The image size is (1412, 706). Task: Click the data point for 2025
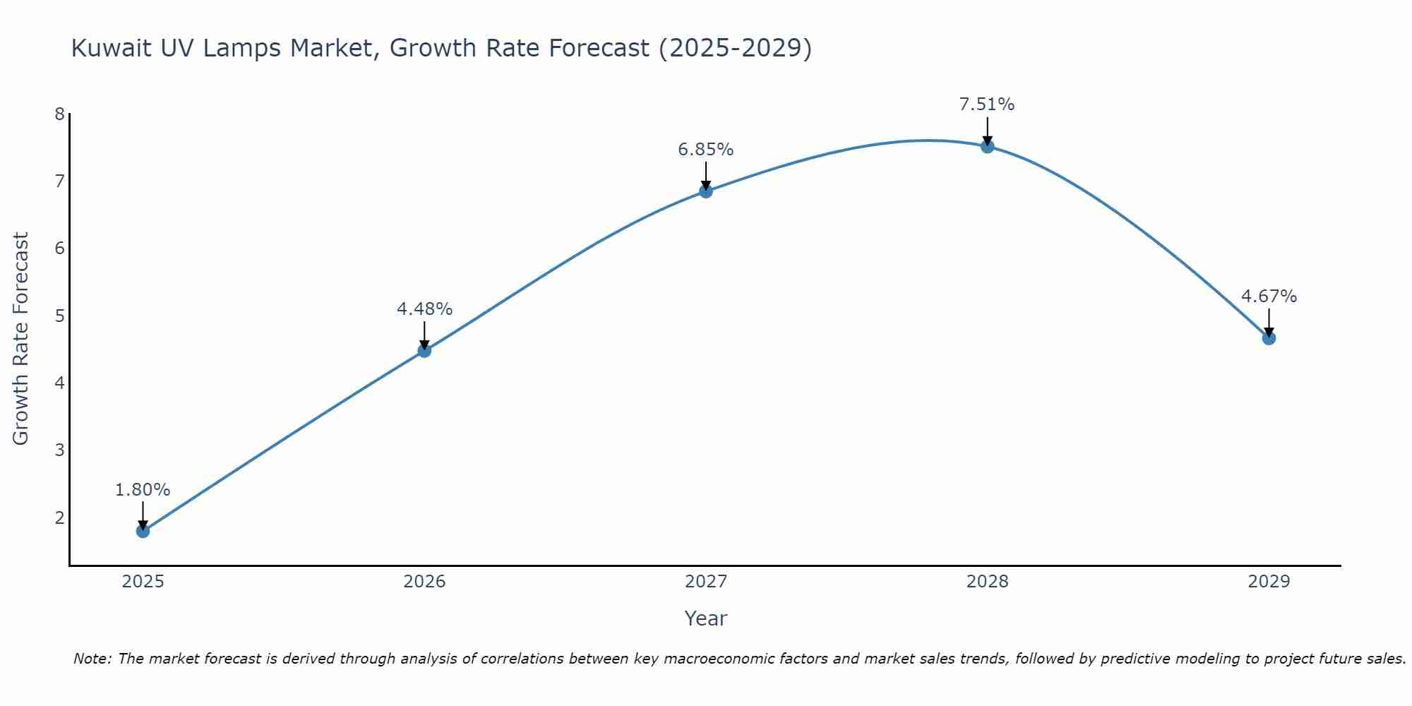point(143,531)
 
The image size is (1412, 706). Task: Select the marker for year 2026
point(424,351)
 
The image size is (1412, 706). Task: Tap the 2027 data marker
point(706,191)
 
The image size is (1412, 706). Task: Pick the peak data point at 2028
point(987,147)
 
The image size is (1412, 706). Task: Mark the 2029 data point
point(1269,338)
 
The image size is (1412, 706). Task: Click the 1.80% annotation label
point(143,490)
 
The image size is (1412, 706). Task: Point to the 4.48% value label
point(424,309)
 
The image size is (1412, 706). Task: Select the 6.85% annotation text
point(706,150)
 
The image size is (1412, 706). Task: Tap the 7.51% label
point(987,104)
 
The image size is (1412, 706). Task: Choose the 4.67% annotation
point(1269,297)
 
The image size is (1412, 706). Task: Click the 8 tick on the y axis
point(59,114)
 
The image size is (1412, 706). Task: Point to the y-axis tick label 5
point(59,316)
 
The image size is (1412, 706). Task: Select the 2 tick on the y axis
point(59,517)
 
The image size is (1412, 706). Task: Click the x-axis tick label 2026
point(424,582)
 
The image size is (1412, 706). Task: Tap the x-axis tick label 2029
point(1269,582)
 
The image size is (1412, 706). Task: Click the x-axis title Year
point(706,618)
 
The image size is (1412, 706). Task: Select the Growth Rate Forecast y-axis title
point(21,339)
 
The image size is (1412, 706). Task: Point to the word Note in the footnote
point(92,659)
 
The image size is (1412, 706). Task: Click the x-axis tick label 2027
point(706,582)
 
